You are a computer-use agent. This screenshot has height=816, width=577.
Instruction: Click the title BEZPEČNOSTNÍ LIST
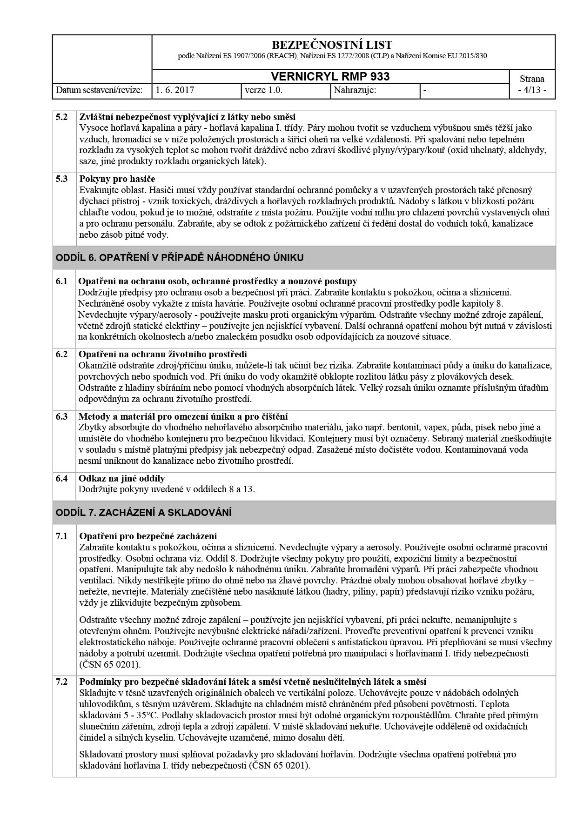coord(331,45)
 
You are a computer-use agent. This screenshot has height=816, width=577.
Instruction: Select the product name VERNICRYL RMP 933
coord(330,77)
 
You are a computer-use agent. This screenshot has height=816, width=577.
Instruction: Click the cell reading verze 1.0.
coord(263,90)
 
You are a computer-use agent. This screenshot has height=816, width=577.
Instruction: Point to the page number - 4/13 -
coord(532,90)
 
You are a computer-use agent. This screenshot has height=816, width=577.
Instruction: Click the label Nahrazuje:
coord(355,90)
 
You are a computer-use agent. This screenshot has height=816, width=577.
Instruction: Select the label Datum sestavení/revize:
coord(99,90)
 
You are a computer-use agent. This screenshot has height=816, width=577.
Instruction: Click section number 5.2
coord(62,117)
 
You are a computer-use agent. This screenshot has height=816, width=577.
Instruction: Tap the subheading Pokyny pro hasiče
coord(117,179)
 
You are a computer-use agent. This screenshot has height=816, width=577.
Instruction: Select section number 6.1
coord(62,281)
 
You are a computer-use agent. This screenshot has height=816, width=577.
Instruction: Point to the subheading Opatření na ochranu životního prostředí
coord(162,354)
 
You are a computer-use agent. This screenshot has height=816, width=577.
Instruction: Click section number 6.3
coord(62,416)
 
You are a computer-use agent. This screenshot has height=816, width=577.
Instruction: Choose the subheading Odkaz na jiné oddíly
coord(121,478)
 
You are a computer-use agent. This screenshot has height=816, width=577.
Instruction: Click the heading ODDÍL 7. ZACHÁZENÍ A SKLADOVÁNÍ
coord(144,513)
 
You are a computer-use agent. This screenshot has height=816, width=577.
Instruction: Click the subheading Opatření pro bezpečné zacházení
coord(148,536)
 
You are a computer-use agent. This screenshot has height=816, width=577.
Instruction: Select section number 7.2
coord(62,682)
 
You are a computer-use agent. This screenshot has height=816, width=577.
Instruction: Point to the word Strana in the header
coord(532,79)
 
